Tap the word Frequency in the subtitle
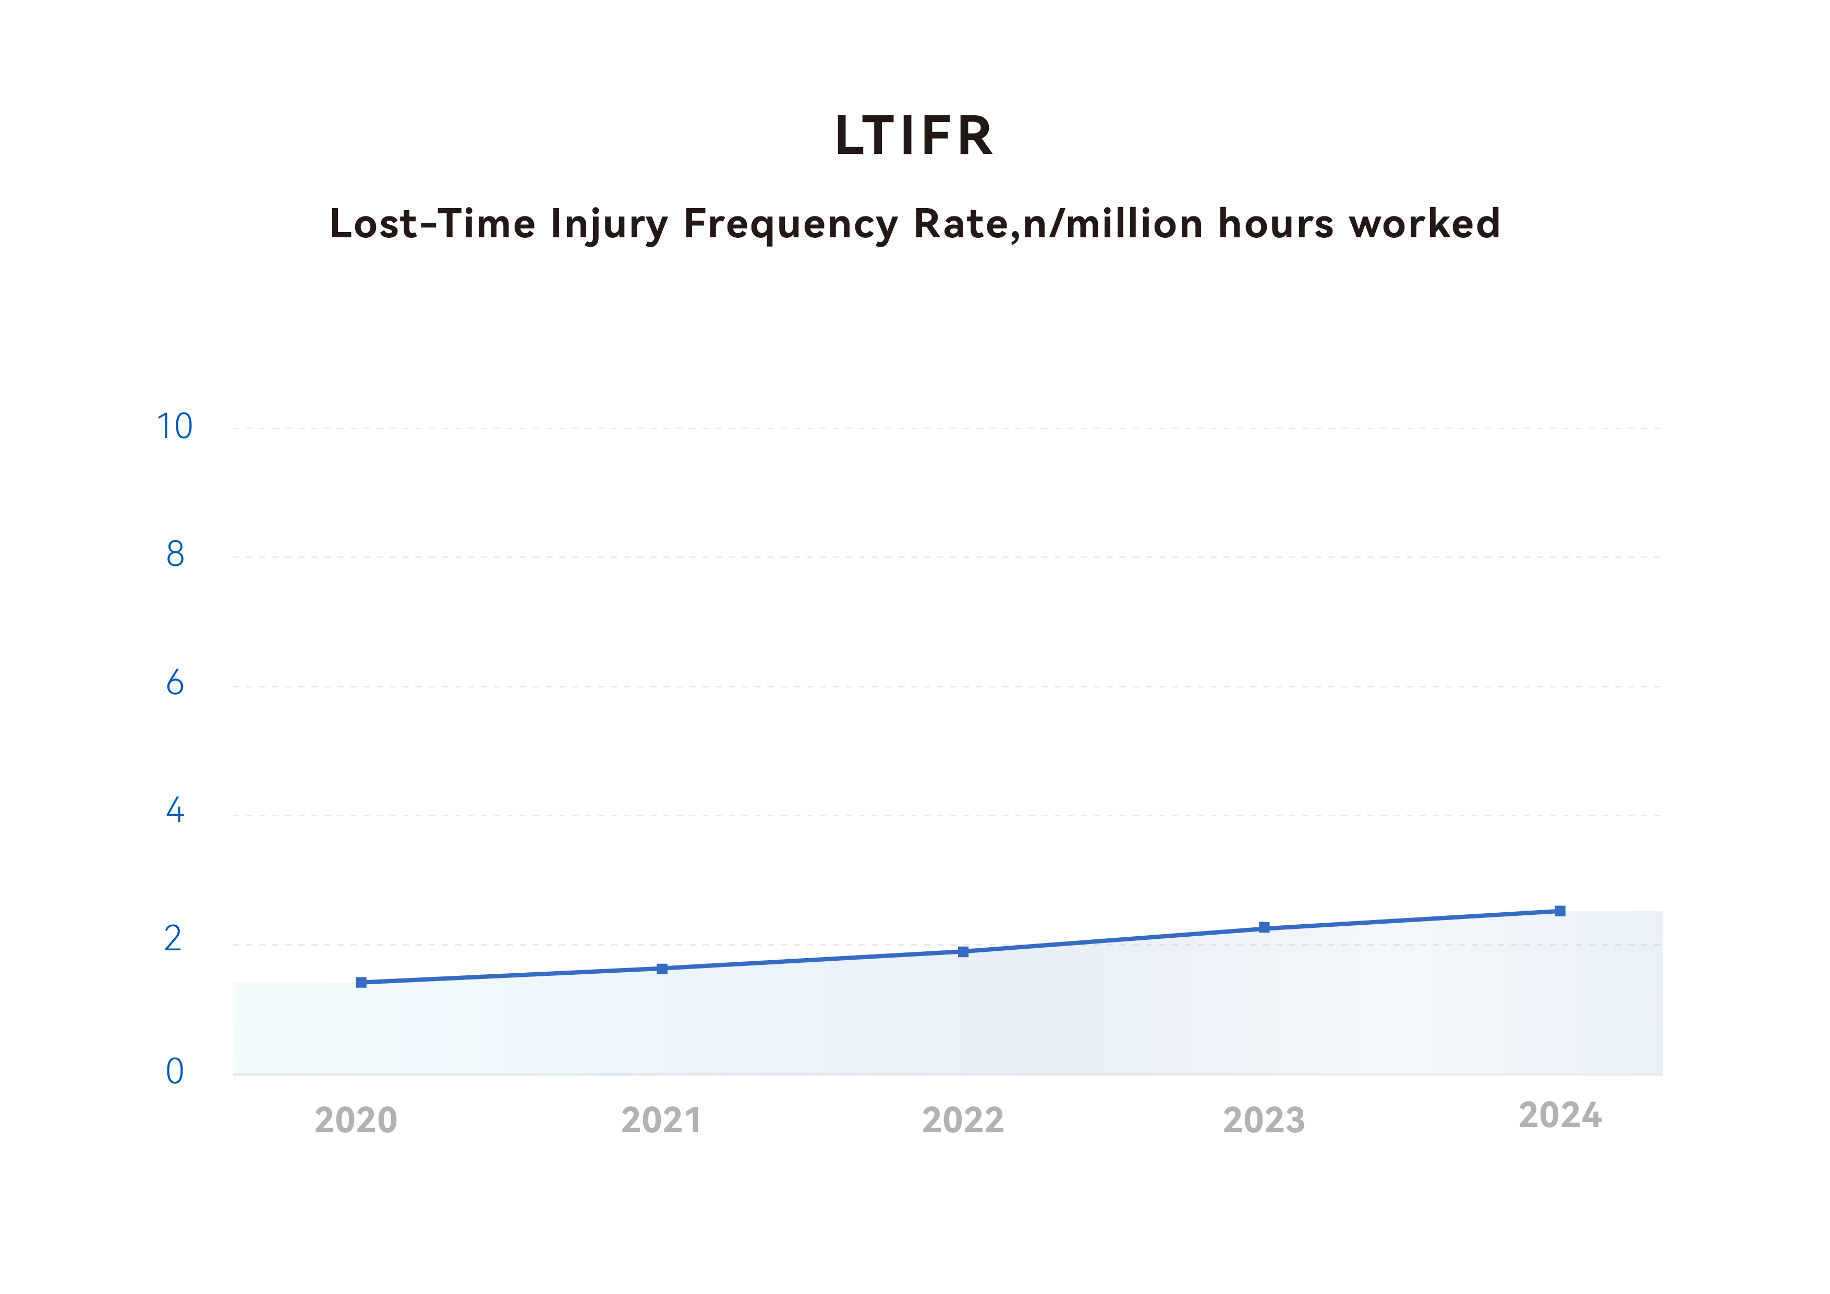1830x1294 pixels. [x=791, y=225]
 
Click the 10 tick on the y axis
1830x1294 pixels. [x=175, y=427]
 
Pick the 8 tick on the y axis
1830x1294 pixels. [x=175, y=554]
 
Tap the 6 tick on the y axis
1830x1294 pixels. [x=175, y=683]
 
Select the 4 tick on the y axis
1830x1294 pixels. [x=175, y=811]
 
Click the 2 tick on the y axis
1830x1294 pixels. [x=173, y=939]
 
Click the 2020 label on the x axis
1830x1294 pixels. [x=356, y=1121]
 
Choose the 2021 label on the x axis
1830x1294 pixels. [x=661, y=1121]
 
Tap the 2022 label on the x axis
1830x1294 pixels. [x=963, y=1121]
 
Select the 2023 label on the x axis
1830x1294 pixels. [x=1264, y=1121]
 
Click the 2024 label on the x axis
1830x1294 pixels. [x=1560, y=1116]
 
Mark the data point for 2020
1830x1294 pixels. [x=361, y=982]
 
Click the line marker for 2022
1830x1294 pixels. [x=963, y=952]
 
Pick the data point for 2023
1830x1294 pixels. [x=1264, y=927]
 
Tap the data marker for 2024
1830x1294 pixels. [x=1560, y=911]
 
